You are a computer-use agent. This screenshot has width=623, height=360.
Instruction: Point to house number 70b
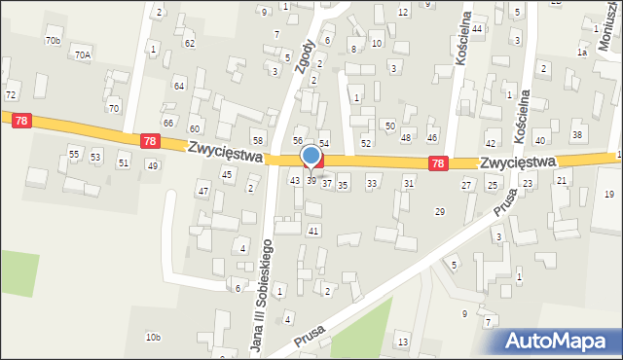coord(53,40)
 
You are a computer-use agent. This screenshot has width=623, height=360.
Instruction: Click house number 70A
coord(82,55)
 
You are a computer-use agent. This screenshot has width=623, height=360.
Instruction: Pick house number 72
coord(11,94)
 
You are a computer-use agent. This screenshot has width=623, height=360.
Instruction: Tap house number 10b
coord(153,338)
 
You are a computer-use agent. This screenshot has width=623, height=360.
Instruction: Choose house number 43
coord(295,181)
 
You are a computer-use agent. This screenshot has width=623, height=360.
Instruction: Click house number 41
coord(313,231)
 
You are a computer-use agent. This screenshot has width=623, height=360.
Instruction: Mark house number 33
coord(371,184)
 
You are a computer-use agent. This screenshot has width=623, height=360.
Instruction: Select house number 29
coord(440,211)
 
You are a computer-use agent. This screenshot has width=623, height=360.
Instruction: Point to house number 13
coord(402,341)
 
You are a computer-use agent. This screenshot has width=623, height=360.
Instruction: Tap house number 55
coord(74,156)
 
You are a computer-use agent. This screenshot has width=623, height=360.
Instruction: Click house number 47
coord(203,191)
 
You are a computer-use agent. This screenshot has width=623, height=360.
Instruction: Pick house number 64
coord(179,86)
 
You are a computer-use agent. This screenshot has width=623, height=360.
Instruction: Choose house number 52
coord(366,143)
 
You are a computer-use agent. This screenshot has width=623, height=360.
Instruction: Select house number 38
coord(576,134)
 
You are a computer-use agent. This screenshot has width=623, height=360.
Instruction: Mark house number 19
coord(609,195)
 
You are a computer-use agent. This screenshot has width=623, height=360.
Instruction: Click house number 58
coord(258,142)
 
